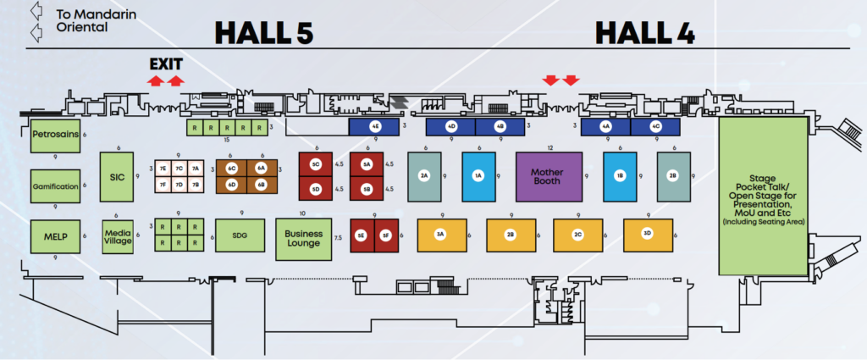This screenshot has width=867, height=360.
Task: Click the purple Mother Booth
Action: click(x=549, y=176)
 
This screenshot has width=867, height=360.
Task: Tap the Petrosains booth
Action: click(x=55, y=134)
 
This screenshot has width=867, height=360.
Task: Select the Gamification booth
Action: click(x=55, y=186)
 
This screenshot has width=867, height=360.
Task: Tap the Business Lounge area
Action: click(x=304, y=235)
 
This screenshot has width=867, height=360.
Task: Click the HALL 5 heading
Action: click(x=263, y=33)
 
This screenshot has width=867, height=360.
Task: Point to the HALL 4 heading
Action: click(x=645, y=33)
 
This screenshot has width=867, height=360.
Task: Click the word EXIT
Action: click(x=166, y=64)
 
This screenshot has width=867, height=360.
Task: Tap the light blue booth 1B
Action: click(x=620, y=176)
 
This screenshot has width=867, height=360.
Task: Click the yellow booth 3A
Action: click(x=440, y=234)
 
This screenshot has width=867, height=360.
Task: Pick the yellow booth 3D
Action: click(x=648, y=234)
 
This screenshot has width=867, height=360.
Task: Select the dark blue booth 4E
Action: click(x=375, y=126)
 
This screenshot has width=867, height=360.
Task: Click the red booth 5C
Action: click(x=315, y=163)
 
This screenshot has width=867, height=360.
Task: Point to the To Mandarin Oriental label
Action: click(x=80, y=20)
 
